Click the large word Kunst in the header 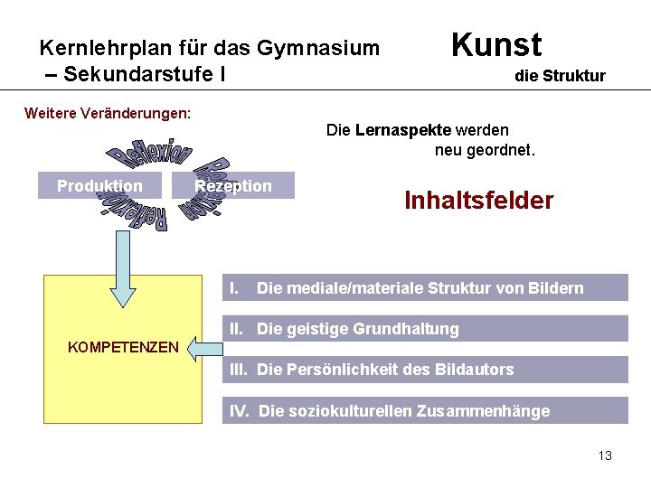pyautogui.click(x=495, y=44)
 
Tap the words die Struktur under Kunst pyautogui.click(x=560, y=76)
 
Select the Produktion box pyautogui.click(x=99, y=186)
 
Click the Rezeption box pyautogui.click(x=233, y=186)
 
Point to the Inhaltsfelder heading pyautogui.click(x=478, y=200)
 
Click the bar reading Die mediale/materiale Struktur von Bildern pyautogui.click(x=425, y=288)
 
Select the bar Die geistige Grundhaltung pyautogui.click(x=425, y=329)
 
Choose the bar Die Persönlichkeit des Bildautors pyautogui.click(x=425, y=369)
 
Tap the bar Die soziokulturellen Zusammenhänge pyautogui.click(x=425, y=411)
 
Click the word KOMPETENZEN pyautogui.click(x=124, y=346)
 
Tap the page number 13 pyautogui.click(x=605, y=455)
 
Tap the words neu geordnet pyautogui.click(x=485, y=150)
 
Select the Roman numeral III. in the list pyautogui.click(x=239, y=369)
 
